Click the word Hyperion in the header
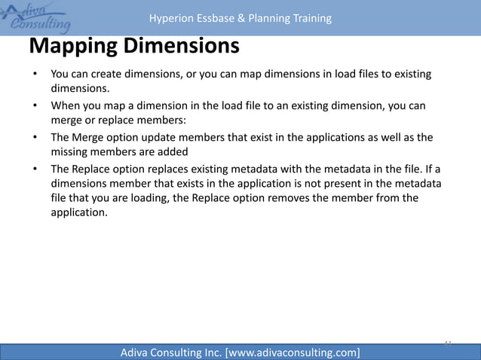tap(170, 18)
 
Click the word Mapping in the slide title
tap(72, 46)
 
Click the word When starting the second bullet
tap(66, 106)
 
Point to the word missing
tap(71, 151)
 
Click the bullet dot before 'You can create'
tap(34, 75)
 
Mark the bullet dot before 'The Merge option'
tap(34, 139)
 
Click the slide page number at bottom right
tap(447, 343)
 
